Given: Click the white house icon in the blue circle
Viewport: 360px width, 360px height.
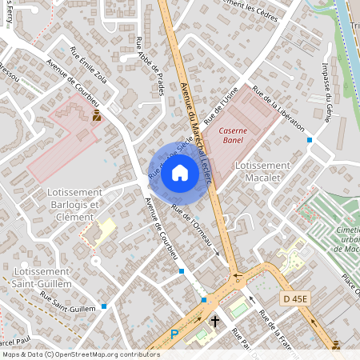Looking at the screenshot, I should pyautogui.click(x=180, y=173).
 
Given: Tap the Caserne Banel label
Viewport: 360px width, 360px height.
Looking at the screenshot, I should pyautogui.click(x=233, y=135).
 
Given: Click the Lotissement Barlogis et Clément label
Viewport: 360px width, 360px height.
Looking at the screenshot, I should pyautogui.click(x=62, y=204).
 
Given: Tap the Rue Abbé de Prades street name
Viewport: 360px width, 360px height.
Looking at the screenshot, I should pyautogui.click(x=150, y=67).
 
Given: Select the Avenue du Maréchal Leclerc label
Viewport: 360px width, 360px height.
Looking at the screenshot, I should pyautogui.click(x=196, y=132).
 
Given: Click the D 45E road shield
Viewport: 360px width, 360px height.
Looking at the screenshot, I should pyautogui.click(x=295, y=299).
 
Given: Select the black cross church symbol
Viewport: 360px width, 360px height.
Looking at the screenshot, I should pyautogui.click(x=215, y=322).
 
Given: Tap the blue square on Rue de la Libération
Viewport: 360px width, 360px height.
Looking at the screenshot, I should pyautogui.click(x=309, y=139).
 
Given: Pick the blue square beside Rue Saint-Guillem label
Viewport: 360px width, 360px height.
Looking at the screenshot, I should pyautogui.click(x=104, y=306).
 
